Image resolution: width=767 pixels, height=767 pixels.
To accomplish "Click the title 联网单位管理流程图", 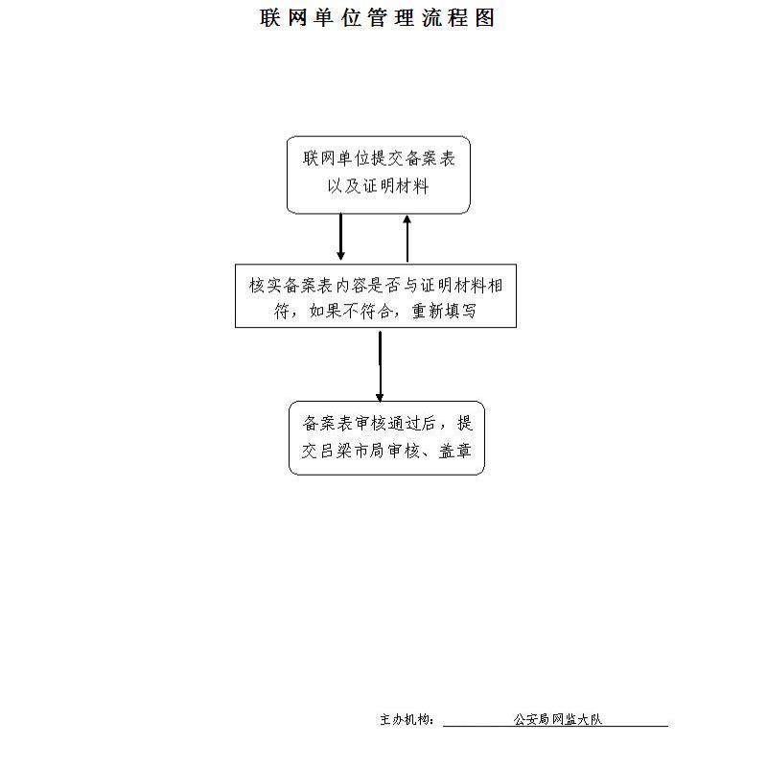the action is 377,18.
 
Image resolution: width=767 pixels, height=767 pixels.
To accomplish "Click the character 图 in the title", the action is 485,18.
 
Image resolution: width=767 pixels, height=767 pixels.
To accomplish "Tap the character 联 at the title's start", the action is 269,18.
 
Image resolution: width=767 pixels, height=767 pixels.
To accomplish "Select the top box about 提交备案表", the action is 378,175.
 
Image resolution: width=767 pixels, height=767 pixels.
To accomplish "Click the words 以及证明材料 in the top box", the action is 378,186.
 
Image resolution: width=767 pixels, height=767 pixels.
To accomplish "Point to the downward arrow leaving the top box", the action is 341,237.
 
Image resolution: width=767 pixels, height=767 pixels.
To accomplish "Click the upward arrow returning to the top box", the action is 407,239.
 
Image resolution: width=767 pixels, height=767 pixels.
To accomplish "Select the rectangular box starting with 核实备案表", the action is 376,296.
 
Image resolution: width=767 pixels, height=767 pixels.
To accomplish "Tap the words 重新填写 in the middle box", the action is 444,311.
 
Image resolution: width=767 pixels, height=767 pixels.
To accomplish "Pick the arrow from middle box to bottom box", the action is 380,366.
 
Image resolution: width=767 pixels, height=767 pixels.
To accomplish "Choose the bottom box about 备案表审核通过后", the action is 386,438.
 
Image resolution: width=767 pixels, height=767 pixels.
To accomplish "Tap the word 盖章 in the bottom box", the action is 454,451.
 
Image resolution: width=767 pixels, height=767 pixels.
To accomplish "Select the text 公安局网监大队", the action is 558,719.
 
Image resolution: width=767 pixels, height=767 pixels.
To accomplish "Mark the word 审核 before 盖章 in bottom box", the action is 404,451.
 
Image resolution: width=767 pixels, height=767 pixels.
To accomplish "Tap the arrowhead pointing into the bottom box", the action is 380,397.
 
